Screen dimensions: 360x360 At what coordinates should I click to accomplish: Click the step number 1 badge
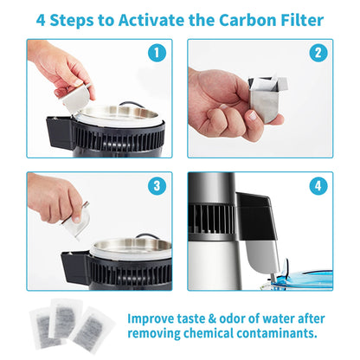pos(156,54)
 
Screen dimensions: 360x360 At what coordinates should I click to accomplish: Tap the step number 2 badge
pos(318,54)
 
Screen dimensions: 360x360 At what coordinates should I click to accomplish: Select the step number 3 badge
pos(156,186)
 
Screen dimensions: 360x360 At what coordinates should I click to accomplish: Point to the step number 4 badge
pos(318,186)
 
